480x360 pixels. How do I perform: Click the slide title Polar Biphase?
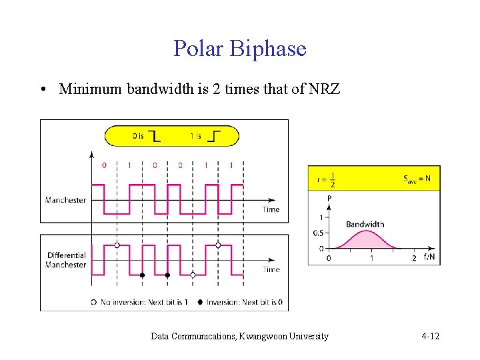240,49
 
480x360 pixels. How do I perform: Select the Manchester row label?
65,200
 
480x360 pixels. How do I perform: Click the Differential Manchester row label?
66,260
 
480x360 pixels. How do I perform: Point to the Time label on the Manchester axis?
271,209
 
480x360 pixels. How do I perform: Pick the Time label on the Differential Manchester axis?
271,269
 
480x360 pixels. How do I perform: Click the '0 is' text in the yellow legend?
138,136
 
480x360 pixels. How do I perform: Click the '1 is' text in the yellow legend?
195,136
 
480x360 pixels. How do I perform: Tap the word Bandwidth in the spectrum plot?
365,224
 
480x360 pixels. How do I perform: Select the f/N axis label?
429,257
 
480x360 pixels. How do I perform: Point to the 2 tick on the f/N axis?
414,257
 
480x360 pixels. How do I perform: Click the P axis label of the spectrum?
329,199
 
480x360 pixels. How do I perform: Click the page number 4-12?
430,337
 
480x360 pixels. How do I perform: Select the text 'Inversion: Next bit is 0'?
244,302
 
